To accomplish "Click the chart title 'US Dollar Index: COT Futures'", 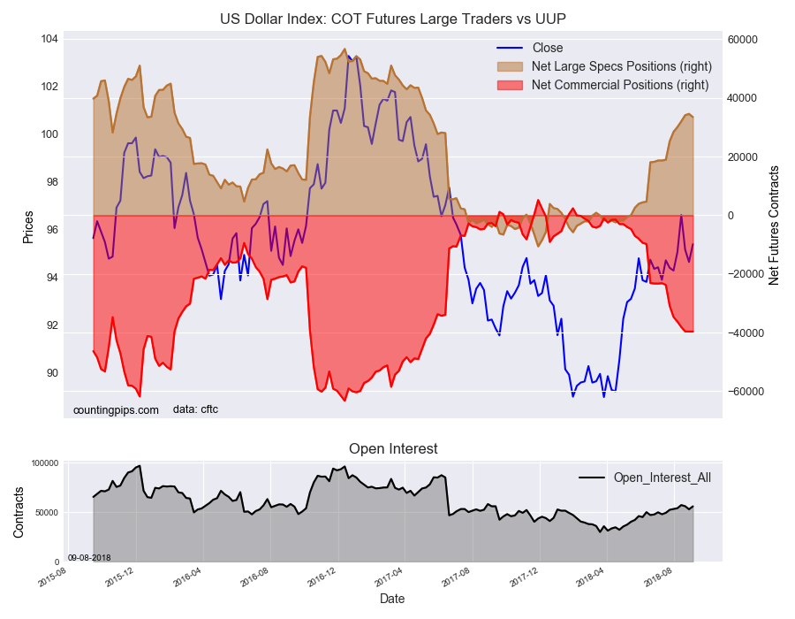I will (393, 19).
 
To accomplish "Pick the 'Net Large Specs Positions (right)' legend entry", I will (621, 66).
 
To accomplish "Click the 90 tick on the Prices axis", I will (51, 373).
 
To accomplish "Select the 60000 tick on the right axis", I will (745, 40).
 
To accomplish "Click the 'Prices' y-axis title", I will (27, 227).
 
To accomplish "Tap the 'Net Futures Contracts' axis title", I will (774, 225).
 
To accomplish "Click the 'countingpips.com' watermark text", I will (116, 409).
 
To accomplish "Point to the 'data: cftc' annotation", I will (195, 409).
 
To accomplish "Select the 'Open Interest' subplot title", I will (393, 449).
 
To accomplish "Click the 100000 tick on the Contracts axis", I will (44, 463).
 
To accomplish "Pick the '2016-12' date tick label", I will (323, 577).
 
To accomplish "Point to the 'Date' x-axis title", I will (392, 599).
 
